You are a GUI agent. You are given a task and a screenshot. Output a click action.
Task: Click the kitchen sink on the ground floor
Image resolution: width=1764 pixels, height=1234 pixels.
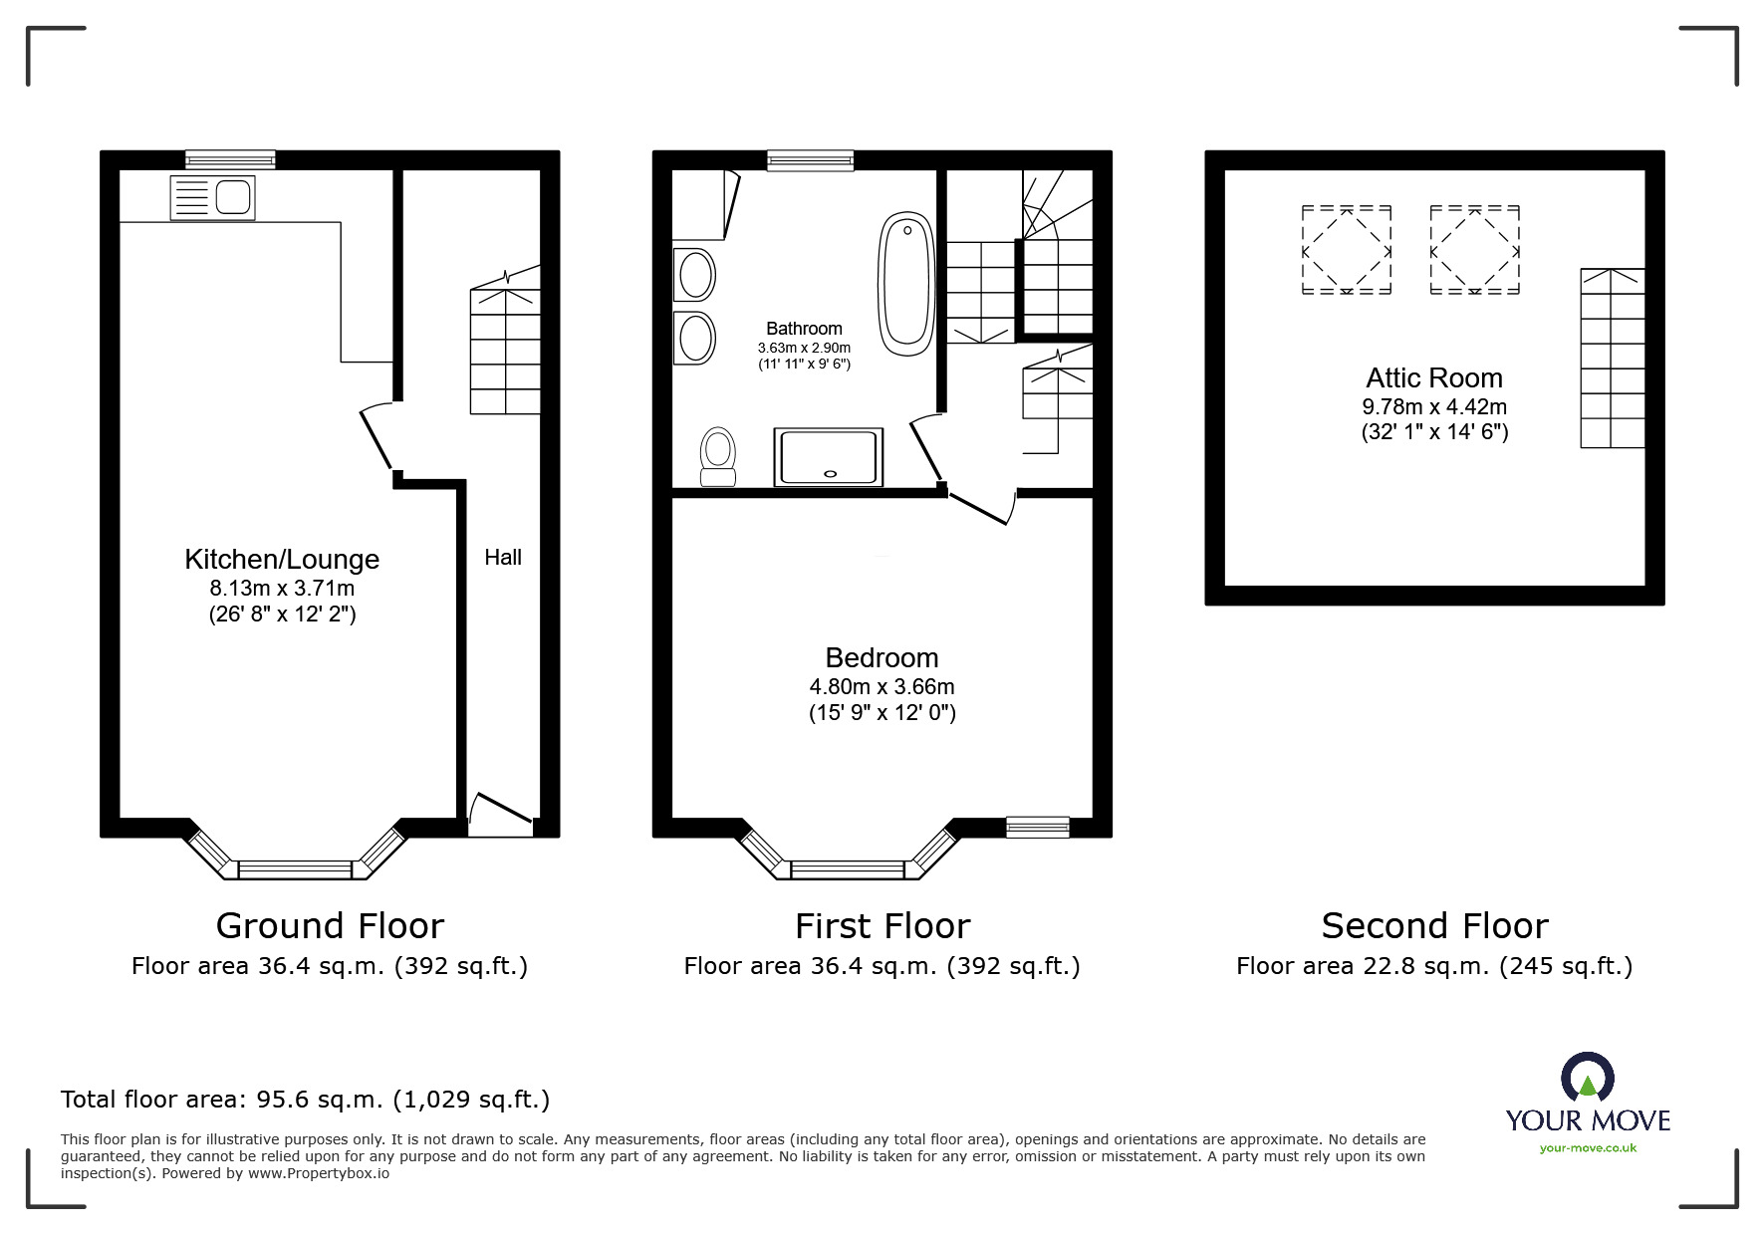tap(213, 197)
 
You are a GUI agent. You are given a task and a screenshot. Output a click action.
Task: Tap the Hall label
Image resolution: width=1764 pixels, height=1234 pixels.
tap(503, 558)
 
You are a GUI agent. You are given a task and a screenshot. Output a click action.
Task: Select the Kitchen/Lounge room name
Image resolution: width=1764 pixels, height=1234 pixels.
tap(282, 560)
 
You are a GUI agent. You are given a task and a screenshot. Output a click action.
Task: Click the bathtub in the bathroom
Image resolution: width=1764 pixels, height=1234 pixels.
tap(905, 284)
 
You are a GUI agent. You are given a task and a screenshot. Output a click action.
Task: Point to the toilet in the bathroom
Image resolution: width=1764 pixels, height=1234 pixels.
tap(717, 456)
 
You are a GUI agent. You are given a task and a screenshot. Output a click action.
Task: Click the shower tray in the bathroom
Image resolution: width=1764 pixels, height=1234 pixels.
tap(828, 458)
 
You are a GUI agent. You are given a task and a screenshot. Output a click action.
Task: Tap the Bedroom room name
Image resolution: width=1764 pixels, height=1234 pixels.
tap(882, 658)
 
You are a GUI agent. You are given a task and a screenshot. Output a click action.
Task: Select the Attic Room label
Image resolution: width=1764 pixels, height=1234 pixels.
tap(1433, 378)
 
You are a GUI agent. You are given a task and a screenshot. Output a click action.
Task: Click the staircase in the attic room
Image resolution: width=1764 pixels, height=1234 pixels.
tap(1612, 359)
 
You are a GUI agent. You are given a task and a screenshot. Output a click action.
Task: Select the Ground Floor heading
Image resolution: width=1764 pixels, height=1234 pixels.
tap(330, 926)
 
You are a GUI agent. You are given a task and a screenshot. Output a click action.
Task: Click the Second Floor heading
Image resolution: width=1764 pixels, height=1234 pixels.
tap(1434, 926)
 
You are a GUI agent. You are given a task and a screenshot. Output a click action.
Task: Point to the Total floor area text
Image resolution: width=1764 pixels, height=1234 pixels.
tap(305, 1100)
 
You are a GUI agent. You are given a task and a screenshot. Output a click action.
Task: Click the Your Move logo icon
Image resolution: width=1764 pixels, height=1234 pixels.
tap(1586, 1078)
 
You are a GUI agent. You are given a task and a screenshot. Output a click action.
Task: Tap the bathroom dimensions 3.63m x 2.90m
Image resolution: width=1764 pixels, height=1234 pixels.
tap(804, 348)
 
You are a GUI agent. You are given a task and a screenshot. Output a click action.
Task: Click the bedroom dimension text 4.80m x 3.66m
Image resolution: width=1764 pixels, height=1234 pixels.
tap(882, 687)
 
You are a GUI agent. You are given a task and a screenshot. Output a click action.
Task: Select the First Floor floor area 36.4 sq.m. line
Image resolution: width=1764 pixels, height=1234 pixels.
tap(882, 966)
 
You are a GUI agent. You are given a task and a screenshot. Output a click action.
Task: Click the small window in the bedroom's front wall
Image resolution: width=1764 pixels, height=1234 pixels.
tap(1037, 827)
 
